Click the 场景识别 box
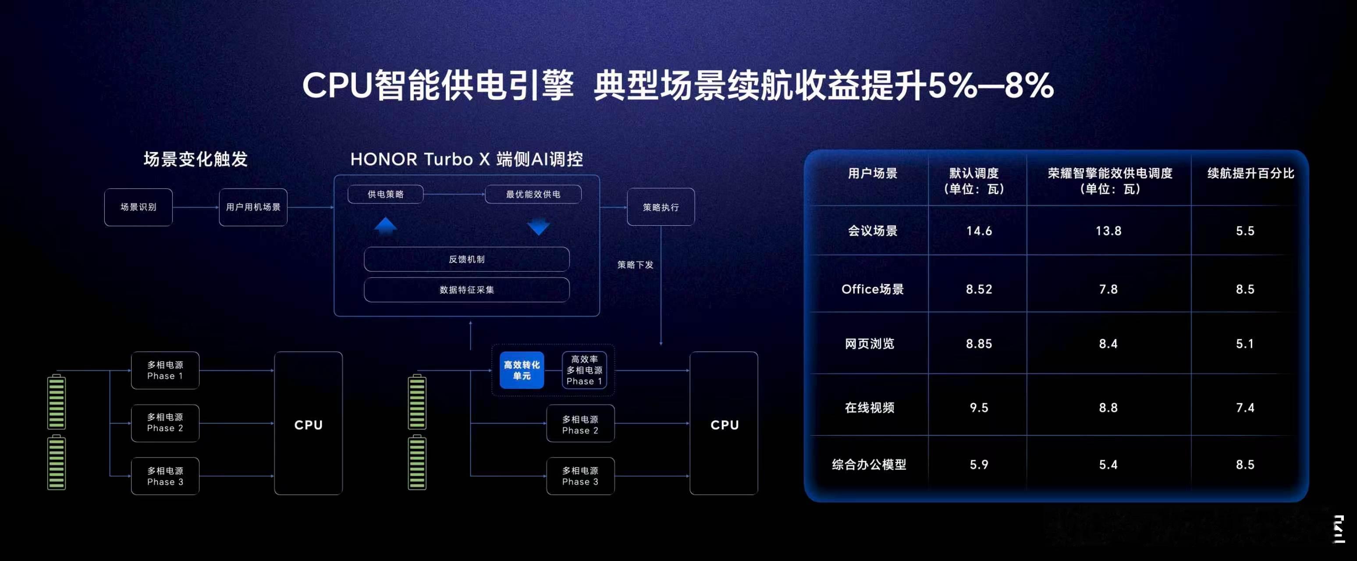coord(138,207)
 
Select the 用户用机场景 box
coord(253,207)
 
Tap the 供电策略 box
coord(385,194)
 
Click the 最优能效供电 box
coord(533,194)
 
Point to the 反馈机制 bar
coord(466,259)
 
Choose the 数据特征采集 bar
coord(466,290)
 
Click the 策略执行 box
coord(661,207)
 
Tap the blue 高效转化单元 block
coord(522,370)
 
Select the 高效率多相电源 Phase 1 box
coord(584,370)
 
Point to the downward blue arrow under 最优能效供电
coord(538,227)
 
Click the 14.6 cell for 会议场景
coord(979,231)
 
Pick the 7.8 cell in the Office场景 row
coord(1108,289)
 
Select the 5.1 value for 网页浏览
coord(1245,344)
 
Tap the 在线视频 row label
coord(869,408)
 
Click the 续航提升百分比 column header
coord(1250,173)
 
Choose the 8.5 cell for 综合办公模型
coord(1245,465)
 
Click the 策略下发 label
coord(635,264)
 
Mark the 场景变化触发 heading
coord(195,159)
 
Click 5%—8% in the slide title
coord(991,85)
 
